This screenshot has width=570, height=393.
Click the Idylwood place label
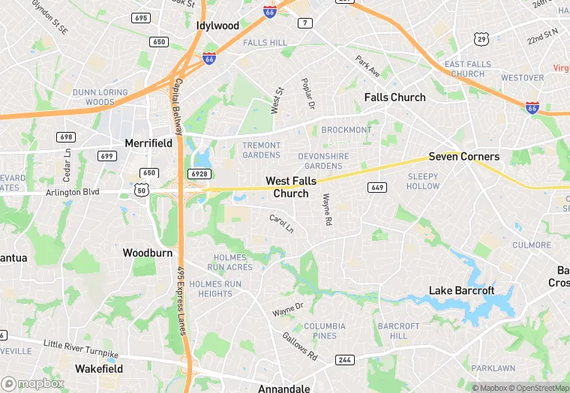(217, 25)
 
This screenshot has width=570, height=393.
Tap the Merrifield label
(148, 143)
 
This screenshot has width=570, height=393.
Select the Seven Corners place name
(463, 157)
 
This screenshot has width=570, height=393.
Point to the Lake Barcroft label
(461, 291)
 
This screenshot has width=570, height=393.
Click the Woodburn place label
(148, 253)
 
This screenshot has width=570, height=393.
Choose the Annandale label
(283, 388)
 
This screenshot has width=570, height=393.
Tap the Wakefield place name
(99, 369)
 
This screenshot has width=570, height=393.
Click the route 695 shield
(140, 17)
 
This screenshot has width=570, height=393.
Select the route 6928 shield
(199, 174)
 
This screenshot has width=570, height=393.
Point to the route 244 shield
(344, 360)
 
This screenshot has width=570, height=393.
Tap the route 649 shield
(376, 187)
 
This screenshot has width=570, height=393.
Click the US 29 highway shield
(481, 38)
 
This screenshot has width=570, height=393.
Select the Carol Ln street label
(282, 223)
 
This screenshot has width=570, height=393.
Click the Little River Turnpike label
(81, 349)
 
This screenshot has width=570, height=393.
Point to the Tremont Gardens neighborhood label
(261, 150)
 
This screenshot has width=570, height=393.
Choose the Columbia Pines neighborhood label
(325, 331)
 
